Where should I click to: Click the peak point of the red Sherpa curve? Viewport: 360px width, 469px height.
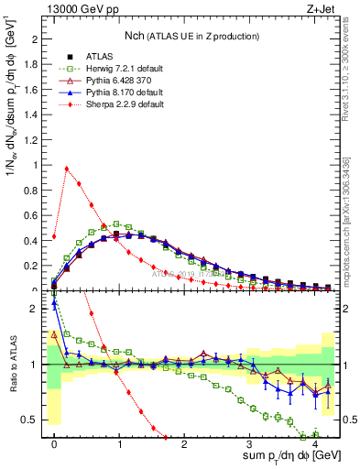point(67,169)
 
